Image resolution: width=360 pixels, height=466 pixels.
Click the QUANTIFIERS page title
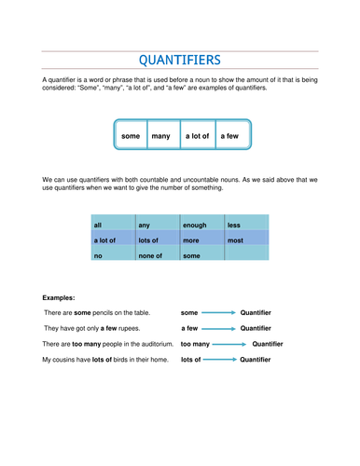click(x=180, y=62)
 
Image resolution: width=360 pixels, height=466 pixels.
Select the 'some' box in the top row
click(x=131, y=136)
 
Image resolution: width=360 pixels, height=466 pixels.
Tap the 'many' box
click(x=160, y=136)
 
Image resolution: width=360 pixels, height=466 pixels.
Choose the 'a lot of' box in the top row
click(x=197, y=136)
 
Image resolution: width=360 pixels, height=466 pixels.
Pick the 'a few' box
click(x=229, y=136)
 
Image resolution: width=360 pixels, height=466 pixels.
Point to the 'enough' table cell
click(x=201, y=225)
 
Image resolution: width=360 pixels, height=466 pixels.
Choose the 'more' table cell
click(x=201, y=240)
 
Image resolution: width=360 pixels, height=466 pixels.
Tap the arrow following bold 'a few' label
click(x=219, y=328)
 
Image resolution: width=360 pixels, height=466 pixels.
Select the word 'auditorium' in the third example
click(x=153, y=344)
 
